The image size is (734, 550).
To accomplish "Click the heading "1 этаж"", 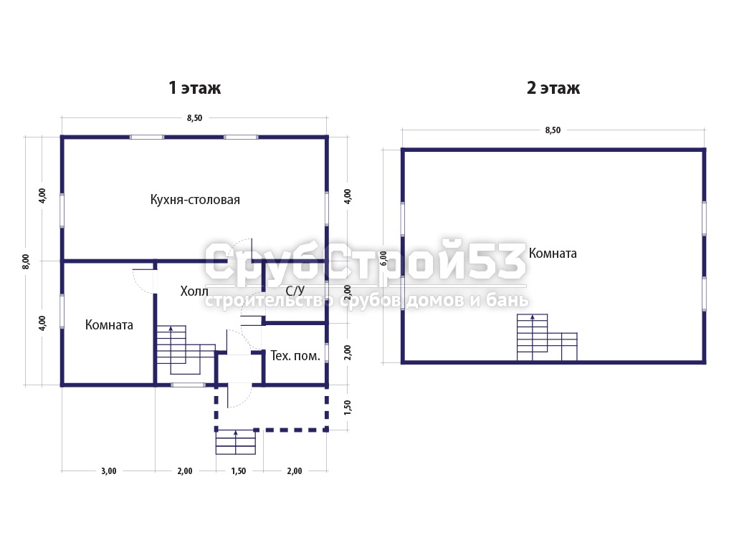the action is tap(194, 87).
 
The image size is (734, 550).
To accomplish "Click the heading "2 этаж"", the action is tap(553, 87).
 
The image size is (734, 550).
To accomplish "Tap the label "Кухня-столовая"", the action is tap(195, 200).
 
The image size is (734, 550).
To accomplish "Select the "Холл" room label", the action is tap(194, 291).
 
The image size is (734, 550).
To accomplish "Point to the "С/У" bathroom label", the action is tap(295, 291).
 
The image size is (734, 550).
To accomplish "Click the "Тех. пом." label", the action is tap(295, 356).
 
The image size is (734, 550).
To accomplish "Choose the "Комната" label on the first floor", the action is tap(109, 324).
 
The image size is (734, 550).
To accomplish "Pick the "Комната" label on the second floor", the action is tap(553, 253).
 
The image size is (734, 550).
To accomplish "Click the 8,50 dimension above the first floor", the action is tap(194, 118).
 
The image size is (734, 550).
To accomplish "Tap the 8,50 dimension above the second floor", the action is tap(553, 130).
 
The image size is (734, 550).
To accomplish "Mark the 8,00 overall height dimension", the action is tap(26, 261).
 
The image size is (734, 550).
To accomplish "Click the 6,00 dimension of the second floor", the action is tap(383, 258).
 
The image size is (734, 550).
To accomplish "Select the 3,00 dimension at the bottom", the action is tap(109, 471).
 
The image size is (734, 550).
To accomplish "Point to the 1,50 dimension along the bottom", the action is tap(238, 471).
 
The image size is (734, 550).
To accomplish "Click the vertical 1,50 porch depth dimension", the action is tap(347, 407).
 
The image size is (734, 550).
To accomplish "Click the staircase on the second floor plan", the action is tap(547, 338).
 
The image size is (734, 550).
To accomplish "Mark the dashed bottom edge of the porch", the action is tap(272, 429).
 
